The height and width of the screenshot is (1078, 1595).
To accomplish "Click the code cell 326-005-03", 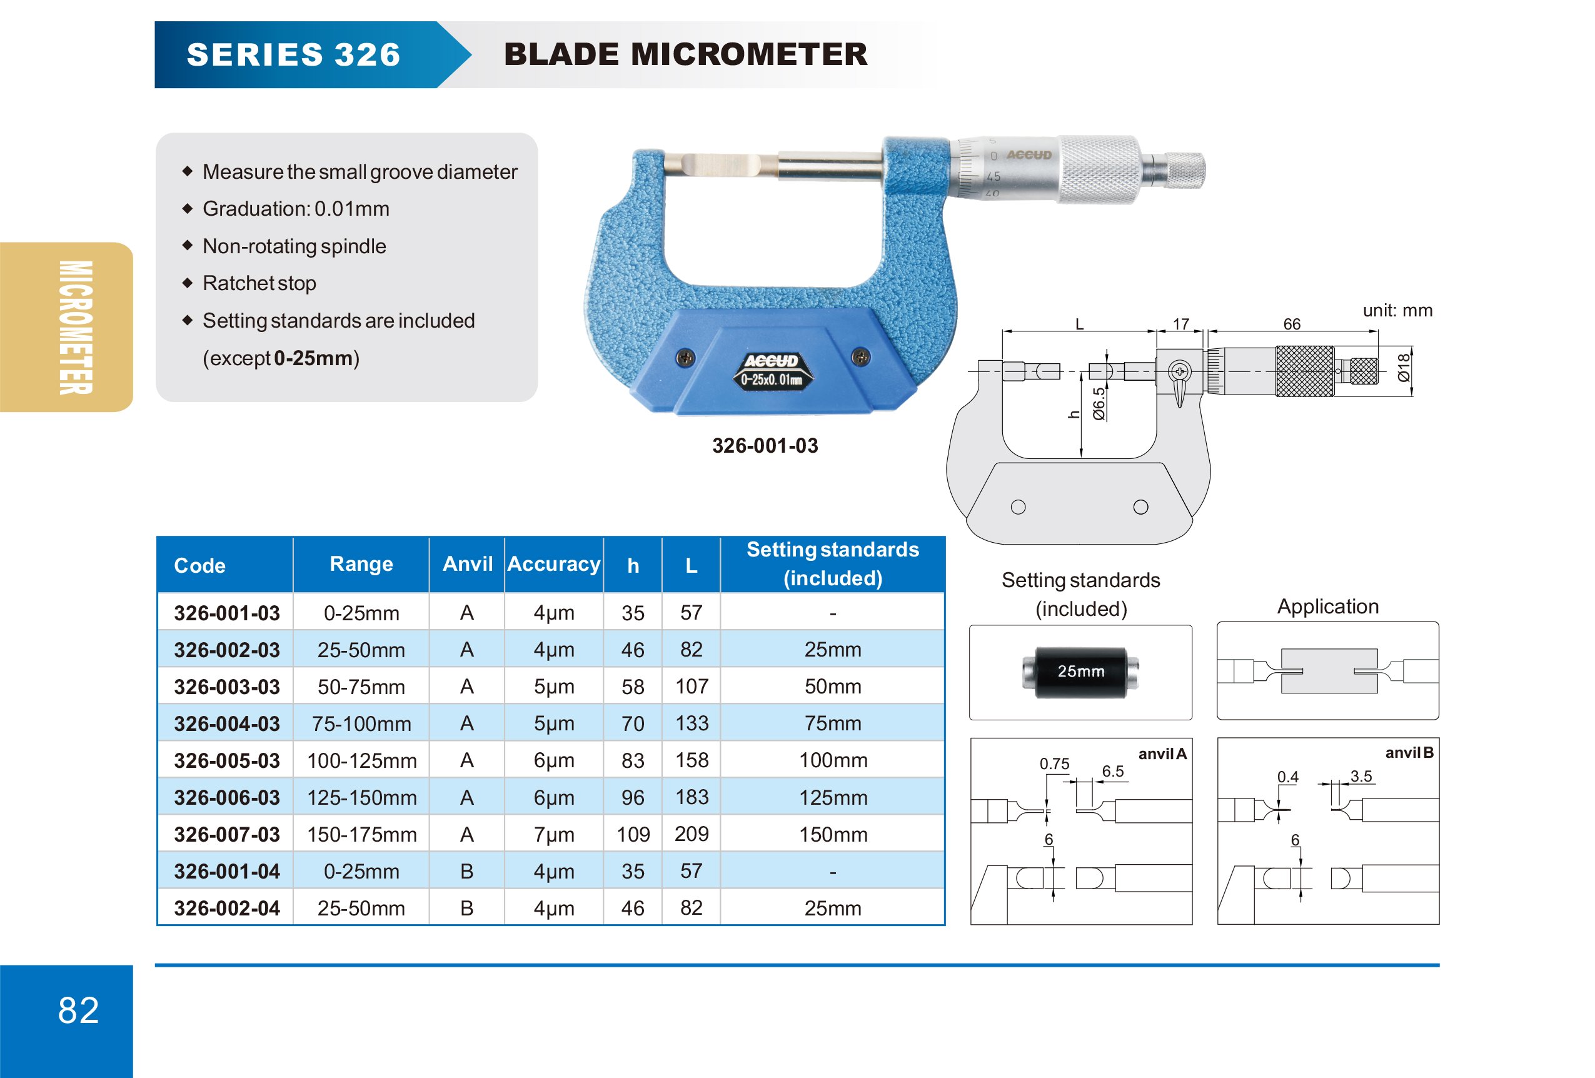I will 226,760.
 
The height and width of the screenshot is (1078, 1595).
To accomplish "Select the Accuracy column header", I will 553,564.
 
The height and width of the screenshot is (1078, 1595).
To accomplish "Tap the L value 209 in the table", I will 691,834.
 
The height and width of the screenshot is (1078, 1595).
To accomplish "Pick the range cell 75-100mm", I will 361,723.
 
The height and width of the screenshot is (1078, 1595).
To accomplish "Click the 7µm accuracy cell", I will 553,834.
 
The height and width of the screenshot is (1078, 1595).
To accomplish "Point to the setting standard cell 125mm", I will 832,797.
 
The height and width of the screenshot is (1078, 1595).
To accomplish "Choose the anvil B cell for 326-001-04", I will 466,872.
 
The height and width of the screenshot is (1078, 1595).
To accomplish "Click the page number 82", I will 78,1010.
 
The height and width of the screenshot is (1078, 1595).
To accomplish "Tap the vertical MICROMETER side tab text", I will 76,327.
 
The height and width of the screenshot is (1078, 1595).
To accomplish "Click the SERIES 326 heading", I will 294,55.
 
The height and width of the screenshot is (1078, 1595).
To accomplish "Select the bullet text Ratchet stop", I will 259,283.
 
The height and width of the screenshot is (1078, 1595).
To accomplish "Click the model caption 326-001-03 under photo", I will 765,446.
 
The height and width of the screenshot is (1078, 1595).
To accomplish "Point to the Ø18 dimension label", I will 1403,368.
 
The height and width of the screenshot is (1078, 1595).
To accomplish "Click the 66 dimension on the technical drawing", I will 1292,324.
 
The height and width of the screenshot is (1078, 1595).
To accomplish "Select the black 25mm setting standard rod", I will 1080,672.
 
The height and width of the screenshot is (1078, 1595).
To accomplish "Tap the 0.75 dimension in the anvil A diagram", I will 1054,763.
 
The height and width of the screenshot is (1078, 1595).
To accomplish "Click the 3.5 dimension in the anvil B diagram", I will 1361,776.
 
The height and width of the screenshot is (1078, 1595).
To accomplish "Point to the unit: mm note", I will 1397,311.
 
